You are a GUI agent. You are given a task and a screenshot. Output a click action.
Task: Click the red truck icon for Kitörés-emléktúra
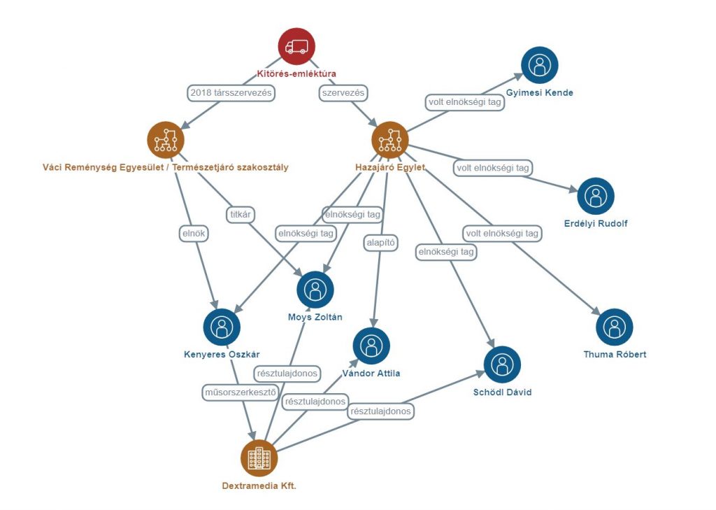tap(296, 46)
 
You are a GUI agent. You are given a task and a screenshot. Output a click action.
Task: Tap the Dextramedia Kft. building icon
tap(259, 458)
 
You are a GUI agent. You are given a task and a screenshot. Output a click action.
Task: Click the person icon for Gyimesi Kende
tap(539, 65)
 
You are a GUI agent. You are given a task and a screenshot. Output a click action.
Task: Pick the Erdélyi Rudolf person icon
tap(596, 196)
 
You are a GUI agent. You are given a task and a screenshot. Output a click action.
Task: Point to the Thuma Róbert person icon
tap(614, 327)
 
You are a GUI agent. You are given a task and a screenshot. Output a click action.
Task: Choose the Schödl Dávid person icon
tap(502, 364)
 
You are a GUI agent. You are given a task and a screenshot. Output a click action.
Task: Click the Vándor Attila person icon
tap(371, 345)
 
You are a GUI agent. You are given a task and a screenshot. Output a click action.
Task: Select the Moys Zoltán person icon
tap(315, 290)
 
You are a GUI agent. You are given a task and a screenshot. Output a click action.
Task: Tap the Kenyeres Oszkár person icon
tap(222, 326)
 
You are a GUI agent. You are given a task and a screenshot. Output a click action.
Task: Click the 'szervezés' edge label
tap(343, 92)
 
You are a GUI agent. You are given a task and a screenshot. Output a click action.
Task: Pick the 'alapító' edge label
tap(381, 243)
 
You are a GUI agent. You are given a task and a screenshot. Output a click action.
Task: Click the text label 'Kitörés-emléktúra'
tap(296, 73)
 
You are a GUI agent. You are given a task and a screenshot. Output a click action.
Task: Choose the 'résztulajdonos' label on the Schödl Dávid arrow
tap(381, 411)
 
